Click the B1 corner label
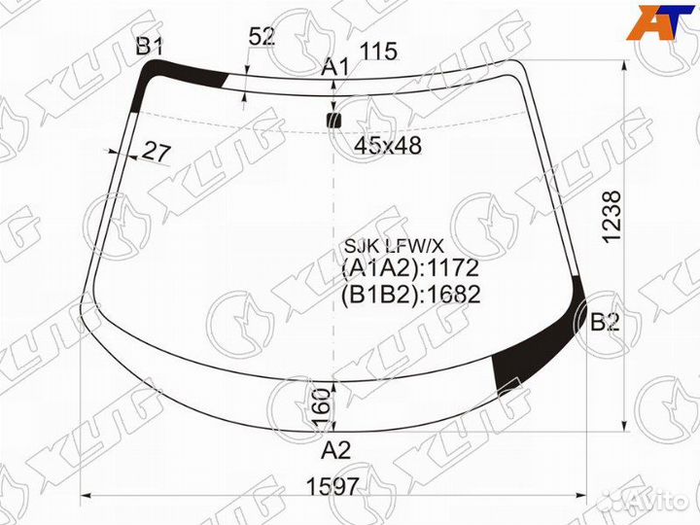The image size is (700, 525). coord(150,46)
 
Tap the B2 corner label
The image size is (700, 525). coord(605,322)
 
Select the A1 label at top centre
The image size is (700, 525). coord(334,68)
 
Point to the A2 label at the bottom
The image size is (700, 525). coord(336,450)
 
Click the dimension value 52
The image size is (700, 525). coord(262,37)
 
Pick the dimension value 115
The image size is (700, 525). coord(378,51)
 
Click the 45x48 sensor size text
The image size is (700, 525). coord(388,145)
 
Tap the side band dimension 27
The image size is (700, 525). coord(156,153)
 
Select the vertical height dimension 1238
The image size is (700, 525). coord(612,217)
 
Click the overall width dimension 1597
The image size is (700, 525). coord(332,486)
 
